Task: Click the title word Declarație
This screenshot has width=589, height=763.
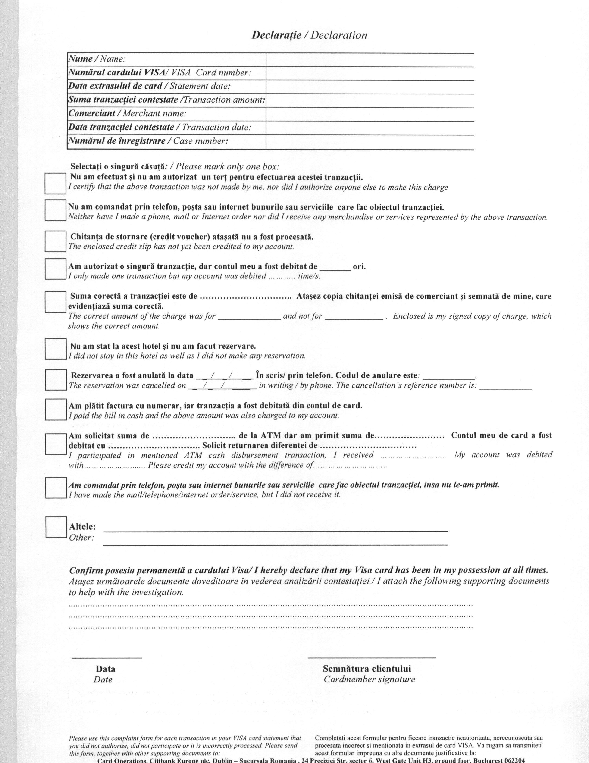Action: click(x=276, y=35)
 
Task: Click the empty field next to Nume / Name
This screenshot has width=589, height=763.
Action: click(x=370, y=59)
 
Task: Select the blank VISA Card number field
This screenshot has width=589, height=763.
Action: click(x=370, y=73)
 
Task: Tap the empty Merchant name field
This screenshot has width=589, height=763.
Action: click(x=370, y=114)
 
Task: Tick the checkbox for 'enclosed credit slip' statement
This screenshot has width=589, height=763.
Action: click(x=56, y=241)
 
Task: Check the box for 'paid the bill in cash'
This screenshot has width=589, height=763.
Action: click(x=56, y=410)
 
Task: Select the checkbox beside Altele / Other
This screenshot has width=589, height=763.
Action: click(x=56, y=527)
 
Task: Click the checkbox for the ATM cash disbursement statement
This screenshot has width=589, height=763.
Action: click(x=56, y=444)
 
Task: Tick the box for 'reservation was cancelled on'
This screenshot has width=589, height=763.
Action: click(x=56, y=380)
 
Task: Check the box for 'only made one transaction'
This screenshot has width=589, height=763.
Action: click(x=56, y=269)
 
